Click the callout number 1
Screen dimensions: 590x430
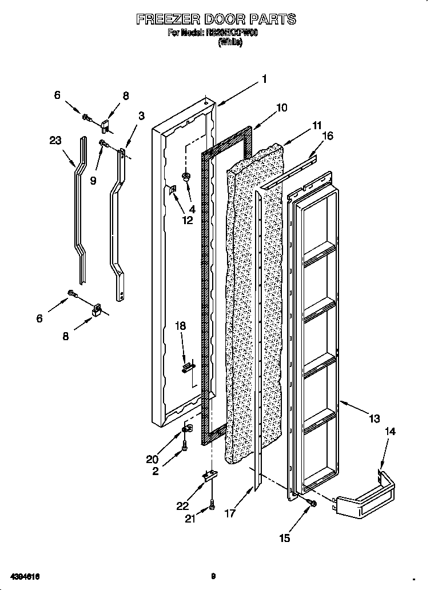(264, 79)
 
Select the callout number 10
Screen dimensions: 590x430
(281, 107)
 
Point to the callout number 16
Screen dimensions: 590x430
(328, 135)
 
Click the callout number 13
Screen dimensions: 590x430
(374, 419)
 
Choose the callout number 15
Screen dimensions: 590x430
(284, 537)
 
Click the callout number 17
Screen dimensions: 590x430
(230, 514)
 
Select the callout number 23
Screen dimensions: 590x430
(55, 141)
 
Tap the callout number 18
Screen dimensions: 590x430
(180, 326)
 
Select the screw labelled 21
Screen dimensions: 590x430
(212, 505)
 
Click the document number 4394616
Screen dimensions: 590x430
(24, 576)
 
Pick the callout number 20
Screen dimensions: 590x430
(152, 459)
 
